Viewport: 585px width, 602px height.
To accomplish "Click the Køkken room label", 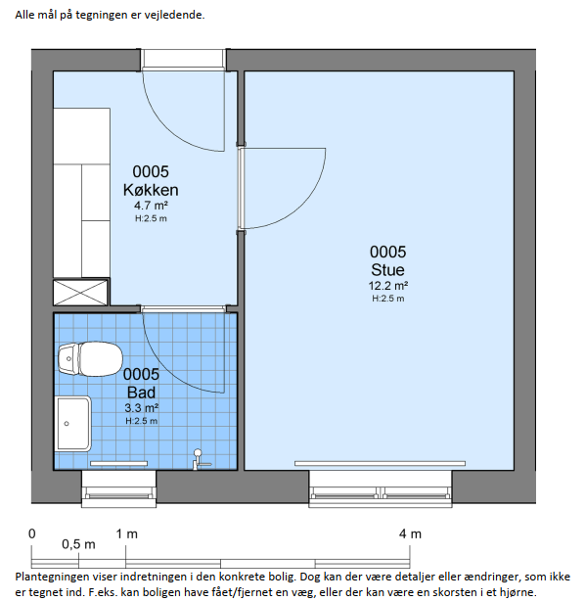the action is tap(151, 190).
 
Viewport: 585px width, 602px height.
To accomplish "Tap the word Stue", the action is tap(387, 269).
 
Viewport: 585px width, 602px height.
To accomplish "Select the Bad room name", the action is tap(141, 393).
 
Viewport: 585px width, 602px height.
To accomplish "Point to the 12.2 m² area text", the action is tap(387, 286).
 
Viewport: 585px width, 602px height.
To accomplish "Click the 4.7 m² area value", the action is tap(151, 206).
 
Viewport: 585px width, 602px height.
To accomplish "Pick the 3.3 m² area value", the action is tap(141, 408).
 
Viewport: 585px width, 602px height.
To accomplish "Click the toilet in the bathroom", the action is tap(90, 359).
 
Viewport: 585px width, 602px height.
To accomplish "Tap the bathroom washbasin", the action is tap(73, 424).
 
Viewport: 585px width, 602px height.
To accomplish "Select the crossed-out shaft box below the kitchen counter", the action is tap(80, 293).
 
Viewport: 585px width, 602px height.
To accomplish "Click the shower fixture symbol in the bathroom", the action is tap(199, 459).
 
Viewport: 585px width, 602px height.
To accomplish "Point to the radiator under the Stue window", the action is tap(380, 463).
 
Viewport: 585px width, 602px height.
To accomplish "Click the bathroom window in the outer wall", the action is tap(119, 489).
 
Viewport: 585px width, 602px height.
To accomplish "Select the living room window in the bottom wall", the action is tap(381, 489).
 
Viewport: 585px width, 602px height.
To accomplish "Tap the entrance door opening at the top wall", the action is tap(183, 60).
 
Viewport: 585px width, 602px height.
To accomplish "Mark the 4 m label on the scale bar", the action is tap(410, 533).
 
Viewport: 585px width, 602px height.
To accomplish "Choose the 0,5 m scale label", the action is tap(78, 544).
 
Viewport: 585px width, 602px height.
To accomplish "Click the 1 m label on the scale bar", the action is tap(126, 533).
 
